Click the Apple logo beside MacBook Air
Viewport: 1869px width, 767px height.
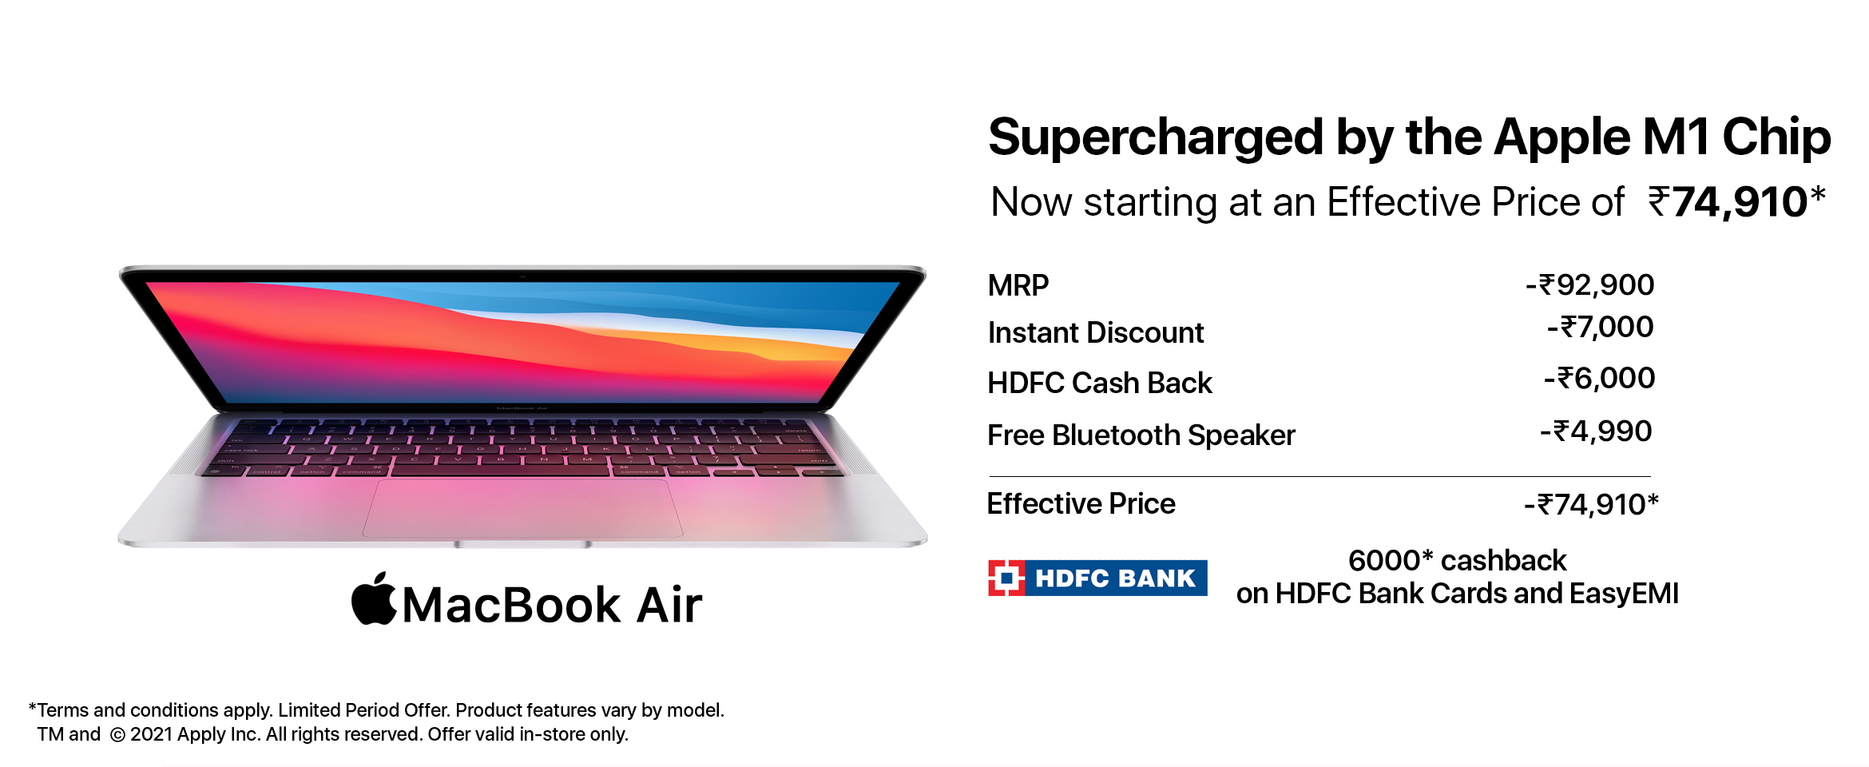pyautogui.click(x=374, y=599)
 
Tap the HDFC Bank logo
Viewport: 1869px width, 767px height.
pyautogui.click(x=1097, y=578)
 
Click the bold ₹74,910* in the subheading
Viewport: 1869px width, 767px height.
pyautogui.click(x=1736, y=201)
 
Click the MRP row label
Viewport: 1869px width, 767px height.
pyautogui.click(x=1018, y=285)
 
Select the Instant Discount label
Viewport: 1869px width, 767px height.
pyautogui.click(x=1096, y=332)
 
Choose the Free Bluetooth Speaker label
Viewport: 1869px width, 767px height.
pyautogui.click(x=1141, y=435)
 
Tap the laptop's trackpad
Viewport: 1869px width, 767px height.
pyautogui.click(x=522, y=508)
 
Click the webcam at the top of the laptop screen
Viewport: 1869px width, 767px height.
pyautogui.click(x=522, y=276)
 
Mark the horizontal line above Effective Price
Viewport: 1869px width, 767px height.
pyautogui.click(x=1319, y=476)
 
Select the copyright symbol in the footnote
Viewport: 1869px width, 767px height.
pyautogui.click(x=117, y=735)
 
